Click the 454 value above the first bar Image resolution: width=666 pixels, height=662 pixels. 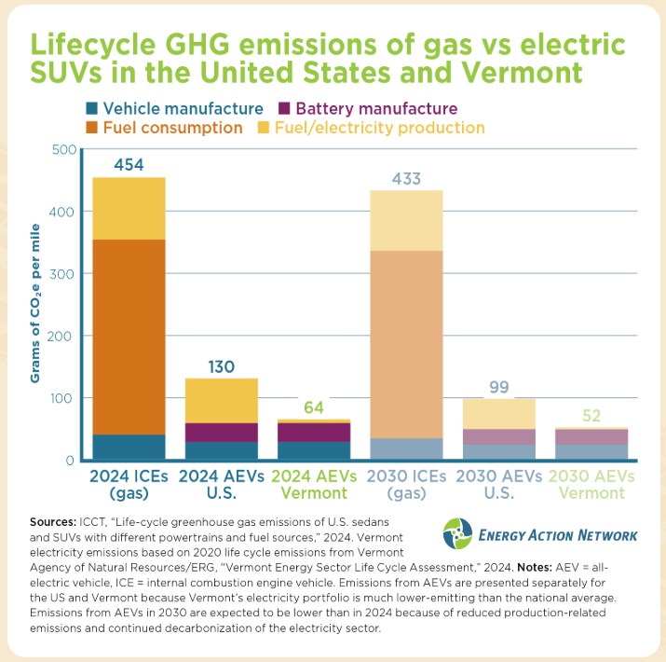[129, 165]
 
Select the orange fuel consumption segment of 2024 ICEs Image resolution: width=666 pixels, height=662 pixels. [129, 337]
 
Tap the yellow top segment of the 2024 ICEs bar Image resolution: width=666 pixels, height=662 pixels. [129, 208]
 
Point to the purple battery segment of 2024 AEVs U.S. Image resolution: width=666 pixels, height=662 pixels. [221, 432]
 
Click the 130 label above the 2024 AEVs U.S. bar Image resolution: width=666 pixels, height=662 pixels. [221, 366]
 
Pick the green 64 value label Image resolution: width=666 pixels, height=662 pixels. [313, 407]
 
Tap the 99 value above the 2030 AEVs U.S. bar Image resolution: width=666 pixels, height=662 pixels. [498, 387]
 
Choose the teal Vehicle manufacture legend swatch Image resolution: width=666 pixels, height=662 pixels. [92, 108]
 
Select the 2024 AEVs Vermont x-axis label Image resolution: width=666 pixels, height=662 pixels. [313, 484]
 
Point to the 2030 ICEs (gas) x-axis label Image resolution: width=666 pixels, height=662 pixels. [406, 484]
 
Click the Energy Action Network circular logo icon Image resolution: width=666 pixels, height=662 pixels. [458, 534]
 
